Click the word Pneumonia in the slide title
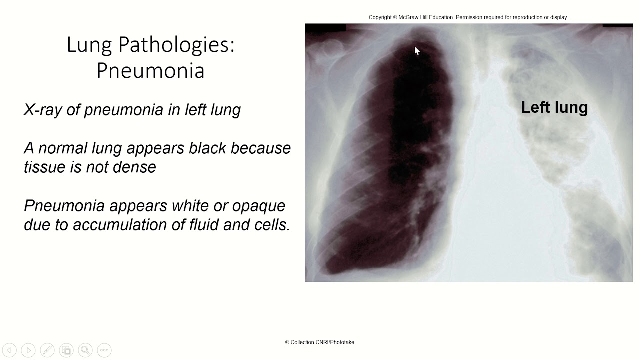(x=150, y=71)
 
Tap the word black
(x=202, y=148)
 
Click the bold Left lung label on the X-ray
(x=554, y=107)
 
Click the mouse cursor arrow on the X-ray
(x=417, y=50)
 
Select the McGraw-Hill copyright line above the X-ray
(x=468, y=17)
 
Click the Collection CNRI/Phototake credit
(x=319, y=342)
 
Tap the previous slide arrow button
(x=9, y=350)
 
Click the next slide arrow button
(x=28, y=350)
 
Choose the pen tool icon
(x=47, y=350)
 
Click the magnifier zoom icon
(x=85, y=350)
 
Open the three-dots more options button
(x=104, y=350)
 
